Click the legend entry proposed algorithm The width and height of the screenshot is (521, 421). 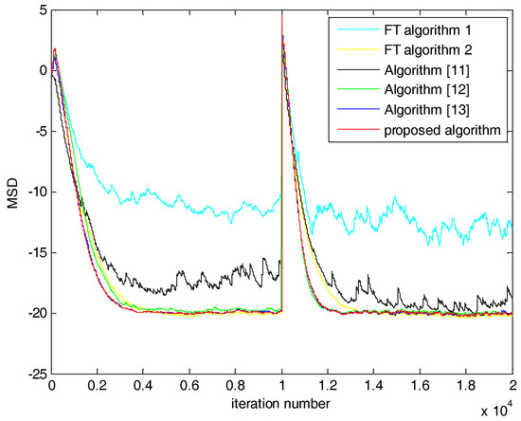[443, 134]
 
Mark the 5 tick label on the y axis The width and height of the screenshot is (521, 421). [36, 9]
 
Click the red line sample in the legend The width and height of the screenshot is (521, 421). [349, 134]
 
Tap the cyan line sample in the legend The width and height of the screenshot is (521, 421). [349, 27]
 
